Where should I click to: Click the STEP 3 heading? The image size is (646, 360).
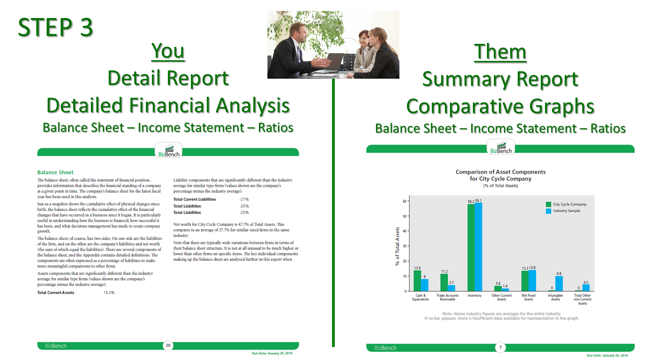(x=55, y=27)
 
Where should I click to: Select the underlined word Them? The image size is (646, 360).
(x=500, y=52)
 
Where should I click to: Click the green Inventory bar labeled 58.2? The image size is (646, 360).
(x=471, y=247)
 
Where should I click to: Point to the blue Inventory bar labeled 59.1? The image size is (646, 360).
(x=478, y=247)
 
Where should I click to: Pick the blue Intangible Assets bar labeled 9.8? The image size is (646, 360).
(x=559, y=284)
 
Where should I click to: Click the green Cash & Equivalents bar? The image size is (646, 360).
(x=417, y=281)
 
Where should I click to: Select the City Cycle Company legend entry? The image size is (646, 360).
(x=566, y=204)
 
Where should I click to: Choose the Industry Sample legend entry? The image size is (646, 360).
(x=563, y=211)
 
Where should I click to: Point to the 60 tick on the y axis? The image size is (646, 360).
(x=405, y=201)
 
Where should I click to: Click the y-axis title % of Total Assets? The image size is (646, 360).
(x=397, y=246)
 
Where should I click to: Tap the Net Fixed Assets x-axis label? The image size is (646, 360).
(x=528, y=297)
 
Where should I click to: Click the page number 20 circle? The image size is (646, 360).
(x=168, y=346)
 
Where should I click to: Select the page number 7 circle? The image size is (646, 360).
(x=500, y=347)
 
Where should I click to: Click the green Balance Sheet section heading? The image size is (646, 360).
(x=55, y=172)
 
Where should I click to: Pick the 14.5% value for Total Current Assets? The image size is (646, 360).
(x=109, y=293)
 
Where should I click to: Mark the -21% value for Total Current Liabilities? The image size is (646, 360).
(x=244, y=199)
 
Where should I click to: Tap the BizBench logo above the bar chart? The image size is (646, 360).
(x=501, y=147)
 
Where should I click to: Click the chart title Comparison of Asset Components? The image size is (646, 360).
(x=500, y=172)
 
